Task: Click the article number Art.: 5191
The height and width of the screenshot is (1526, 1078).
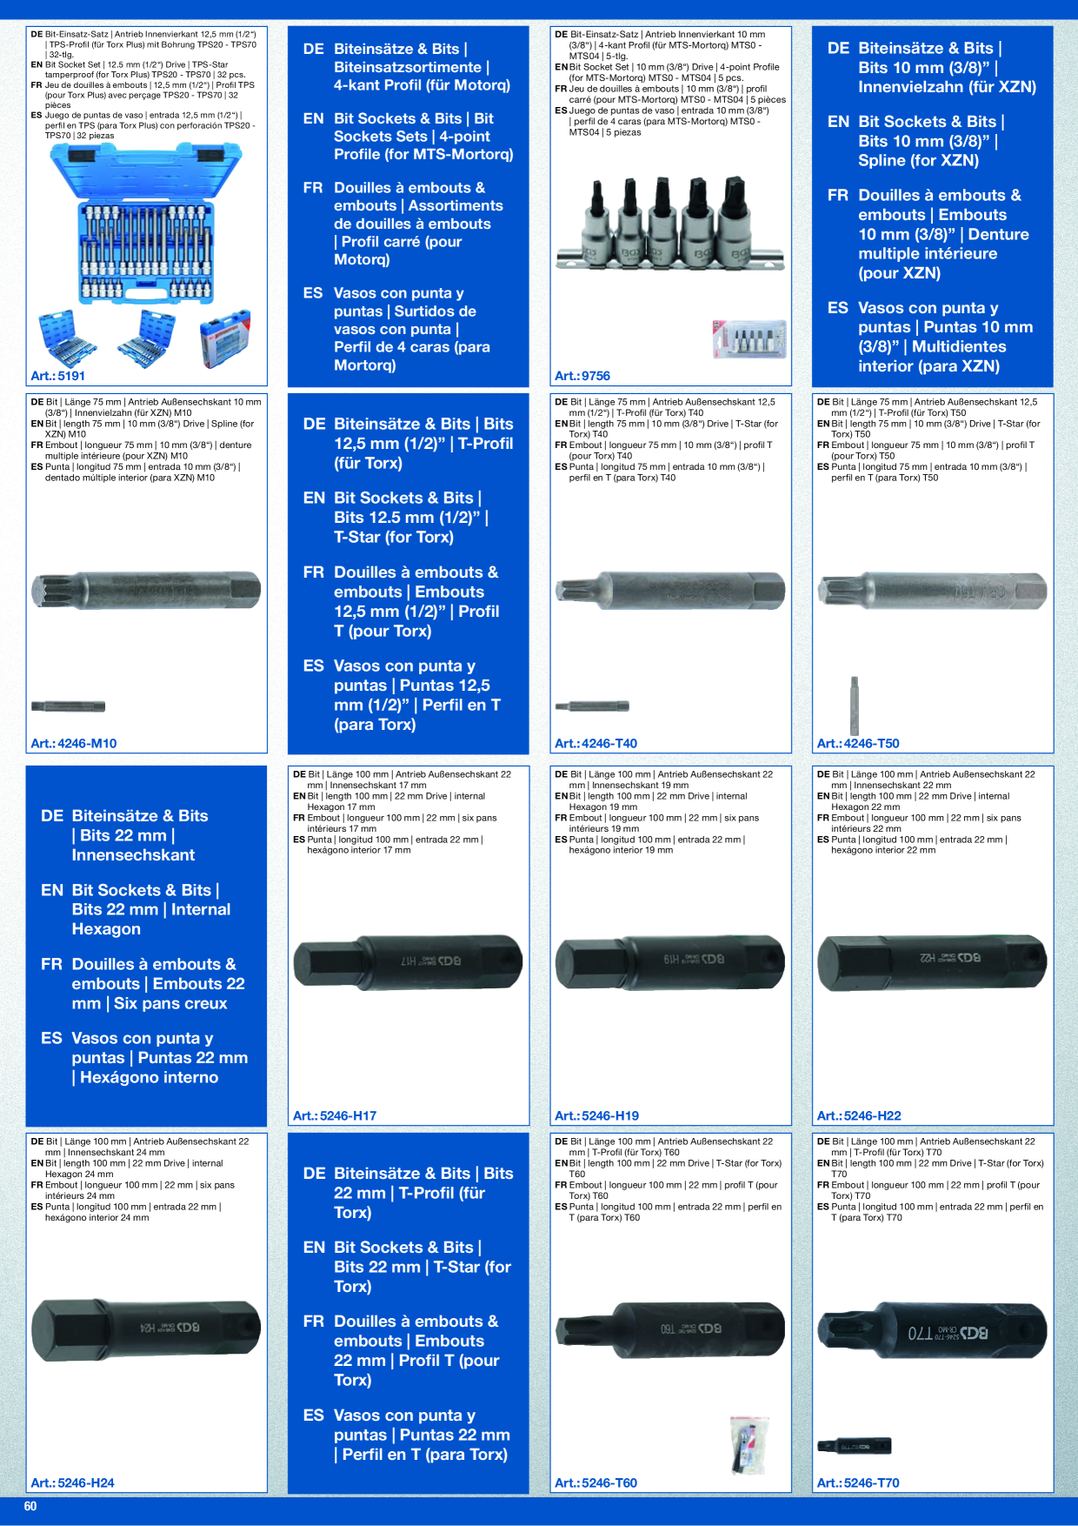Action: pyautogui.click(x=57, y=376)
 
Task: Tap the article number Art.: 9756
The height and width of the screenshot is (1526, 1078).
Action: pyautogui.click(x=582, y=376)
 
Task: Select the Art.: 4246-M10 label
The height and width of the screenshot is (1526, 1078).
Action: pyautogui.click(x=74, y=743)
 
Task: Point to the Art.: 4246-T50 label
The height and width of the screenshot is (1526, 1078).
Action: pyautogui.click(x=858, y=743)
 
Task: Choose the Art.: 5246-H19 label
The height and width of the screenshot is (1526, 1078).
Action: pyautogui.click(x=596, y=1115)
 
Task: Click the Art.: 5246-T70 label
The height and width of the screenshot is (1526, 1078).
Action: pyautogui.click(x=858, y=1482)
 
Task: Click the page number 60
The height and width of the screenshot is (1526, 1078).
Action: pyautogui.click(x=30, y=1506)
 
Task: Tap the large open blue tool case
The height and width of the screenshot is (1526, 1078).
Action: pyautogui.click(x=146, y=224)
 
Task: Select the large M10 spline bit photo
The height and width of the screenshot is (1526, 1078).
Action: pyautogui.click(x=146, y=591)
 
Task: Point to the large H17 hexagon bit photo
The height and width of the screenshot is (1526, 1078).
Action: pyautogui.click(x=409, y=961)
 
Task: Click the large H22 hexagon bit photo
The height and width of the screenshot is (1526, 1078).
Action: pyautogui.click(x=932, y=961)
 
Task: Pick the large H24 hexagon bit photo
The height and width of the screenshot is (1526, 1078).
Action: pyautogui.click(x=146, y=1329)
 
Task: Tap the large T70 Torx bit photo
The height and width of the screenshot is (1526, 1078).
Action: pyautogui.click(x=932, y=1331)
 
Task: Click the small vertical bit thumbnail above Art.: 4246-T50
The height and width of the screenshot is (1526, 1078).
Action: pyautogui.click(x=855, y=705)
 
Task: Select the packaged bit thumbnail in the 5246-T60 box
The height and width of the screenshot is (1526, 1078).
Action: pyautogui.click(x=749, y=1445)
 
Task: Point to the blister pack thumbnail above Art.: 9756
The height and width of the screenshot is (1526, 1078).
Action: pyautogui.click(x=749, y=339)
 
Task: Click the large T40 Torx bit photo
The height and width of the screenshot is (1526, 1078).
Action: pyautogui.click(x=669, y=591)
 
